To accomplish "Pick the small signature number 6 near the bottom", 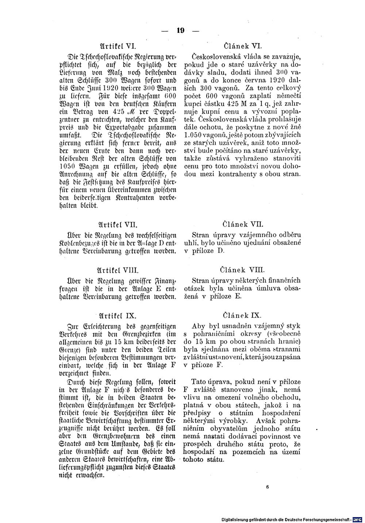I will click(x=267, y=487).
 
